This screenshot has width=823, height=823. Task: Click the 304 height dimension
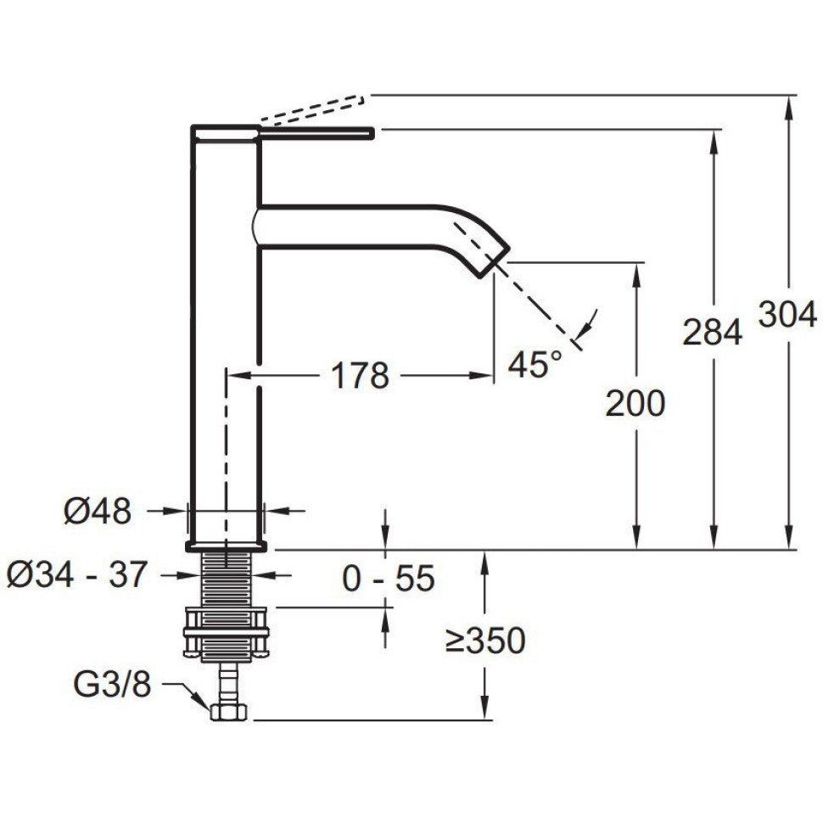[787, 315]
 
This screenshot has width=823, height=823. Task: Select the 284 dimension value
[712, 331]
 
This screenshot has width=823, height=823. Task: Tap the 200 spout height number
[635, 403]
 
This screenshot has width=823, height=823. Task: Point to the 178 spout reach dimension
[361, 375]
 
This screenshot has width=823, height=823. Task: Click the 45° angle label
[535, 364]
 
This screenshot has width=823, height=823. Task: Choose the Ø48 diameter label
[98, 511]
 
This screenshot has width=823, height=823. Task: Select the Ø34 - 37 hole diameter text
[76, 574]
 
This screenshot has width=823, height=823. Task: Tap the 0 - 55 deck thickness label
[389, 579]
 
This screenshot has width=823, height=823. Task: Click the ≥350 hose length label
[485, 641]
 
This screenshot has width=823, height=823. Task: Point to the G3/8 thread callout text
[112, 684]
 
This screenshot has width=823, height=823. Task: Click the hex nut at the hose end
[229, 712]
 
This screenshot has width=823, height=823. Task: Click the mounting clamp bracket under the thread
[227, 632]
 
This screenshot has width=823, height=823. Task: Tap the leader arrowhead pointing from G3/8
[201, 699]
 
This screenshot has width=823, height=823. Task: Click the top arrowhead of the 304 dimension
[788, 104]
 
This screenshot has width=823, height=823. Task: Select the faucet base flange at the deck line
[227, 546]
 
